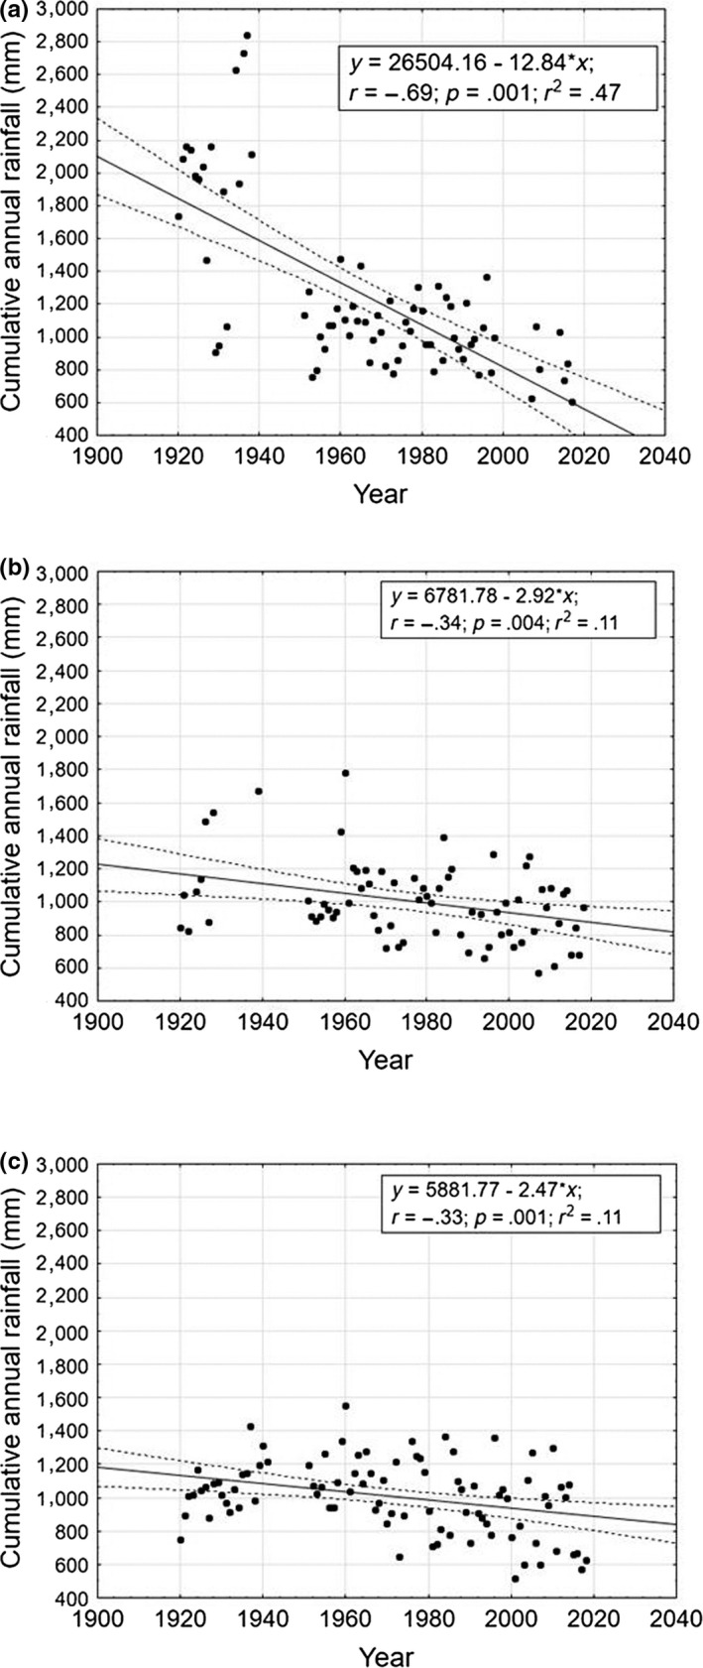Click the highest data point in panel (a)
247,36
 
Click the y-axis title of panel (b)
19,790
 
